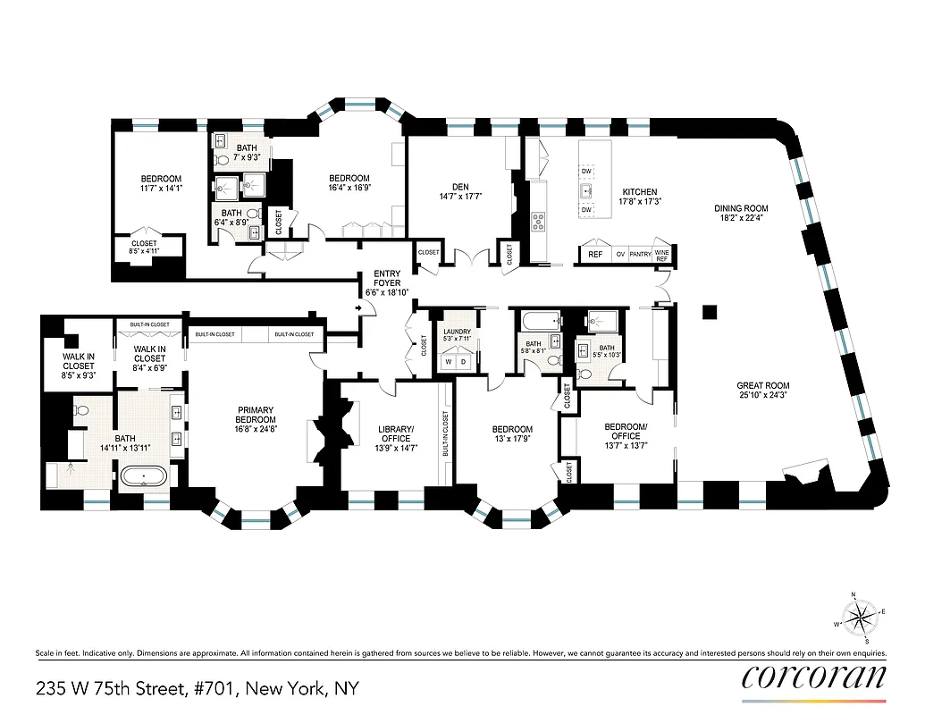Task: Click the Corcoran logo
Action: tap(814, 678)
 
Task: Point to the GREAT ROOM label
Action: tap(764, 386)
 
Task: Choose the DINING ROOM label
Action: tap(741, 208)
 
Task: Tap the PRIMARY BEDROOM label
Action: tap(256, 415)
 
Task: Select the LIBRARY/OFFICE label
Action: tap(395, 433)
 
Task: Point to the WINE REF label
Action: tap(662, 254)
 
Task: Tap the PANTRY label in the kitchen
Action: tap(640, 254)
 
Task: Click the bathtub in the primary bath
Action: tap(144, 475)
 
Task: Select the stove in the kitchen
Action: tap(540, 221)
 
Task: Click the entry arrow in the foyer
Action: tap(359, 308)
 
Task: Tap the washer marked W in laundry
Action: tap(449, 362)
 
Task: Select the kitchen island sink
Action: tap(586, 190)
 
